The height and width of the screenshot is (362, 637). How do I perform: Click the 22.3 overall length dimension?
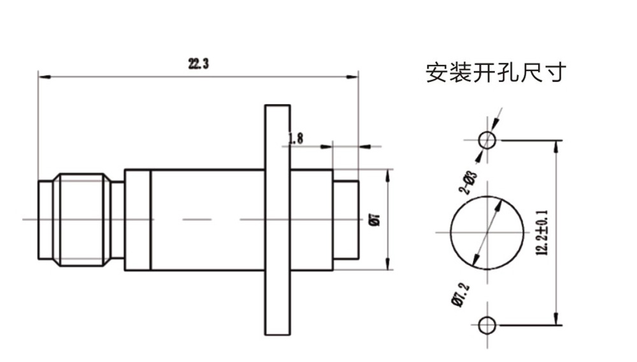[199, 64]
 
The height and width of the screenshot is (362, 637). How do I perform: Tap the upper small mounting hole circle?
[487, 140]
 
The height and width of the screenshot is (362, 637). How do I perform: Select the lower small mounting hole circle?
[487, 325]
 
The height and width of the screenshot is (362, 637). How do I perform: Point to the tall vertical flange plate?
[276, 220]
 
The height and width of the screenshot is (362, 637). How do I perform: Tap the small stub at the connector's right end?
[346, 220]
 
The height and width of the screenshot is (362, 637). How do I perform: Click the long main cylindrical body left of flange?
[207, 220]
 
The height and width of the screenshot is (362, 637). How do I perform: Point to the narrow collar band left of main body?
[137, 220]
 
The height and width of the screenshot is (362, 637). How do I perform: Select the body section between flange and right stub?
[311, 220]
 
